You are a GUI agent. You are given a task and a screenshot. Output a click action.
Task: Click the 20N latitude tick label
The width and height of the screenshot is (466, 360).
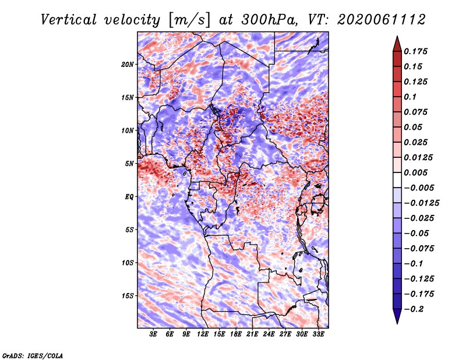tap(128, 65)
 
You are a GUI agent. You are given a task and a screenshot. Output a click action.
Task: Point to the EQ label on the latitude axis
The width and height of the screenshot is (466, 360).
tap(129, 197)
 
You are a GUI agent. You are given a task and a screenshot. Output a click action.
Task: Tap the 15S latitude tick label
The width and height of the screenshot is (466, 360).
tap(128, 296)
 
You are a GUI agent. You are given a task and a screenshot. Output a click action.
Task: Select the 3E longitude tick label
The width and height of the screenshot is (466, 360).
tap(153, 334)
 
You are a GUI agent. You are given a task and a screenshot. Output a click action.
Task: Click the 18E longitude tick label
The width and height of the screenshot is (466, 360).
tap(236, 334)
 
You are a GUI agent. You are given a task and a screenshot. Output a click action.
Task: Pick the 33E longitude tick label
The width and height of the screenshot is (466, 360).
tap(318, 334)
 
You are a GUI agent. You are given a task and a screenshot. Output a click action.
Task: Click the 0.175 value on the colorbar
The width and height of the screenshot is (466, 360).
tap(415, 51)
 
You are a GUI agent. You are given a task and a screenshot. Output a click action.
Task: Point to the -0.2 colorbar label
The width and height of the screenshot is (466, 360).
tap(414, 309)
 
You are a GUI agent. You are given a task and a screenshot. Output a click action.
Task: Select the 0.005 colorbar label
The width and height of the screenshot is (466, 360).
tap(415, 172)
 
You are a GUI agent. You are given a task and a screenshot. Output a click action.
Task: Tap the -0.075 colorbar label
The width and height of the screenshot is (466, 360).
tap(419, 249)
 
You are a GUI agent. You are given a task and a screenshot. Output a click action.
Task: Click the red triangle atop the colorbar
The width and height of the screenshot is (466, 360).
tap(397, 44)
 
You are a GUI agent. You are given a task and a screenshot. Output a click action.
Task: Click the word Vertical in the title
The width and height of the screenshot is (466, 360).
tap(68, 20)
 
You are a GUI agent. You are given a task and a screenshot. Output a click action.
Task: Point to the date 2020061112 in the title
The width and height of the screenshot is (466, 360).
tap(382, 20)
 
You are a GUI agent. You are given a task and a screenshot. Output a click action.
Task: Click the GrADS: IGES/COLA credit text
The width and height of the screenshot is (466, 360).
tap(33, 356)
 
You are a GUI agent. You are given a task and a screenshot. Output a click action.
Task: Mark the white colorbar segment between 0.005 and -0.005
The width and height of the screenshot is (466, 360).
tap(397, 180)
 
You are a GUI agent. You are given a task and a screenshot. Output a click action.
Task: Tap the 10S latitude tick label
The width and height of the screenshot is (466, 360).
tap(128, 263)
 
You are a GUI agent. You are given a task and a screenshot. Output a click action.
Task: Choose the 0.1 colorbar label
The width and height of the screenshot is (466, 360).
tap(410, 97)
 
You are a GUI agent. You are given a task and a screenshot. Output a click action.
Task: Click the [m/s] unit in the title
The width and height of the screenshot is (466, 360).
tap(189, 20)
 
